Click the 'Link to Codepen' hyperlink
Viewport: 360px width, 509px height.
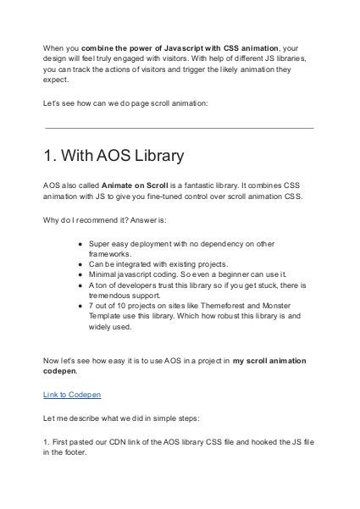coord(71,395)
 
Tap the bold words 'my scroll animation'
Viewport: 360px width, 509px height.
coord(270,361)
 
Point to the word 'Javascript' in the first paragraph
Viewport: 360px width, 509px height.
coord(169,48)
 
